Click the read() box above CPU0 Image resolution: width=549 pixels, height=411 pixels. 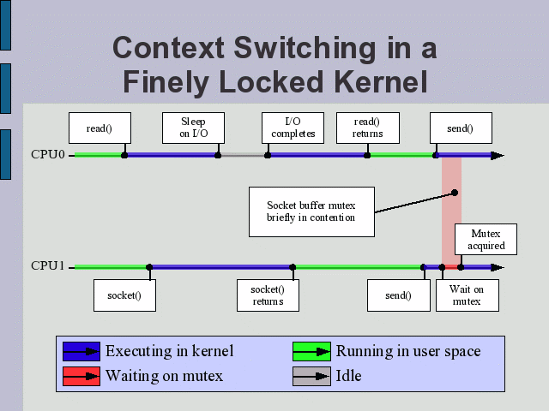click(x=100, y=128)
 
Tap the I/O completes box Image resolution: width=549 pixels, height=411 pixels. click(x=293, y=128)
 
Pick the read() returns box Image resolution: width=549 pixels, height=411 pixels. click(x=366, y=128)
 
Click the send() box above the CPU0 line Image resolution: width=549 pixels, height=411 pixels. click(x=459, y=128)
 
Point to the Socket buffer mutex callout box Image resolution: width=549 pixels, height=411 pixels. click(x=311, y=211)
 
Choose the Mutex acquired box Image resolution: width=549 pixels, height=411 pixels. click(x=488, y=240)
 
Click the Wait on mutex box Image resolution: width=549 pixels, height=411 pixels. click(x=467, y=295)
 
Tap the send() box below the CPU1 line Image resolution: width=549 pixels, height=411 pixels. click(x=398, y=295)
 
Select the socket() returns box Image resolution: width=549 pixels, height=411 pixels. click(x=268, y=295)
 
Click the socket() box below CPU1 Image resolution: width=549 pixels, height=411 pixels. click(x=124, y=295)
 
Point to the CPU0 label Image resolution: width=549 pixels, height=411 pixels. click(x=48, y=155)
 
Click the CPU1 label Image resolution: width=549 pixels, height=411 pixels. click(x=48, y=266)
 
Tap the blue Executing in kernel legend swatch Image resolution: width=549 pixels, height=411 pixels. click(x=81, y=351)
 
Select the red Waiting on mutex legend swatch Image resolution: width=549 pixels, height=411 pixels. click(x=81, y=375)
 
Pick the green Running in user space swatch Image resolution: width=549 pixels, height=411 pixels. click(x=311, y=351)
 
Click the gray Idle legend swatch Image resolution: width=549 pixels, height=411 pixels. click(x=311, y=375)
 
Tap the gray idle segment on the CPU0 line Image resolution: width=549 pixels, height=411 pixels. click(x=243, y=155)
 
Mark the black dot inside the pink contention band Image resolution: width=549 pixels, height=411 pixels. click(x=455, y=193)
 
